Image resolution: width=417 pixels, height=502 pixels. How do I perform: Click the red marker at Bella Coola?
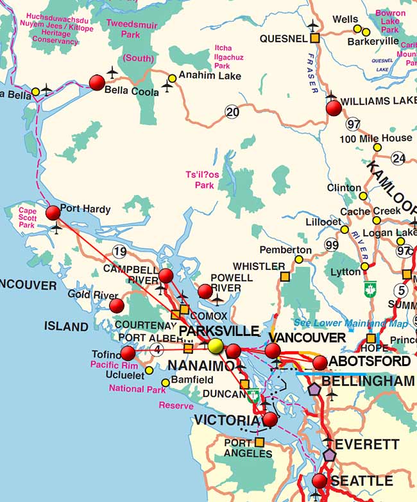coord(97,82)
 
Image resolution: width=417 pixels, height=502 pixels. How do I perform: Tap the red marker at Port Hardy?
coord(53,212)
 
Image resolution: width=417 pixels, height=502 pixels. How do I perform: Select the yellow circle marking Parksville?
coord(216,346)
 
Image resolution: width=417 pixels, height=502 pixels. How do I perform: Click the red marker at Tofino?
coord(128,353)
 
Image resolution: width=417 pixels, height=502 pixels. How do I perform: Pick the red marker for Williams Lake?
coord(334,108)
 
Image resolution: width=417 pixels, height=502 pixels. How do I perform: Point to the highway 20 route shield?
coord(232,112)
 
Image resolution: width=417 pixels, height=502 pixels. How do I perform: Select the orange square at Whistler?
coord(284,276)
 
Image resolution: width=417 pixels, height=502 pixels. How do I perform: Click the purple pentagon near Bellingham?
coord(314,389)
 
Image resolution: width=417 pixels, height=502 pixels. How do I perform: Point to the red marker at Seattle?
coord(319,481)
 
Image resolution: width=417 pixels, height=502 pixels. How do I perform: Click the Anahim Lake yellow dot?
coord(172,79)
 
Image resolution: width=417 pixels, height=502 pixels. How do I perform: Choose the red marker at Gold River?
coord(116,305)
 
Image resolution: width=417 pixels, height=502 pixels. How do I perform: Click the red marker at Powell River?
coord(205,292)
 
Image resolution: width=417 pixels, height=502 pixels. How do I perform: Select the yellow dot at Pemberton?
coord(298,260)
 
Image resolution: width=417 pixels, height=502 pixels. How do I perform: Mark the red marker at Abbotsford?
coord(320,363)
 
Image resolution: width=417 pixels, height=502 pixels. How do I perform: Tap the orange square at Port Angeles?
coord(259,442)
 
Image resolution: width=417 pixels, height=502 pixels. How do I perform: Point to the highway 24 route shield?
coord(398,158)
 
